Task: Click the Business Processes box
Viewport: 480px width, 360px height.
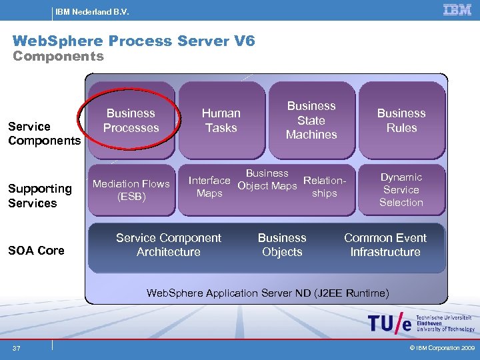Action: (x=131, y=121)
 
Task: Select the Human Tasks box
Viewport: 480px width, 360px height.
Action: (x=221, y=121)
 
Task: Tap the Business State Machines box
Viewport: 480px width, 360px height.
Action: (x=311, y=121)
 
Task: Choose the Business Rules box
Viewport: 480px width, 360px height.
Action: (x=401, y=121)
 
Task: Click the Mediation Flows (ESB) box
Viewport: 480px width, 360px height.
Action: (x=131, y=190)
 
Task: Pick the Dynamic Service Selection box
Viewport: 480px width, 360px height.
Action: (x=401, y=190)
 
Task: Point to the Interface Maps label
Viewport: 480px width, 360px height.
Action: (x=209, y=187)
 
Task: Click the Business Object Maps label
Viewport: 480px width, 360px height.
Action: (x=267, y=179)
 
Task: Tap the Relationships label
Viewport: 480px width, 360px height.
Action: (x=325, y=187)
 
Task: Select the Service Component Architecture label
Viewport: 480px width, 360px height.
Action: (x=169, y=245)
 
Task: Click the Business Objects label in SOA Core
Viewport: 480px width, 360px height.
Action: (x=282, y=245)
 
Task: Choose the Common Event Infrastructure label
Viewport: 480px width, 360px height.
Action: (x=385, y=245)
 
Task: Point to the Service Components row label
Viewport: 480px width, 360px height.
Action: (x=44, y=133)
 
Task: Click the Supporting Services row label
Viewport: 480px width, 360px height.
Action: (x=40, y=196)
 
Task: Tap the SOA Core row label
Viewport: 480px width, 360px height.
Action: (x=36, y=251)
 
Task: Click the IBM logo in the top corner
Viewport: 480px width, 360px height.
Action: (x=457, y=10)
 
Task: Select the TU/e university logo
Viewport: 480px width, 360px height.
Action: (x=421, y=323)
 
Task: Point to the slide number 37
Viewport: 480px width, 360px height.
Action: (x=15, y=348)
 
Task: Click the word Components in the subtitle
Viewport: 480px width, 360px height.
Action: (x=59, y=57)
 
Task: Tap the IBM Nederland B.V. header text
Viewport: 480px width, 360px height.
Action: (x=92, y=12)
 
